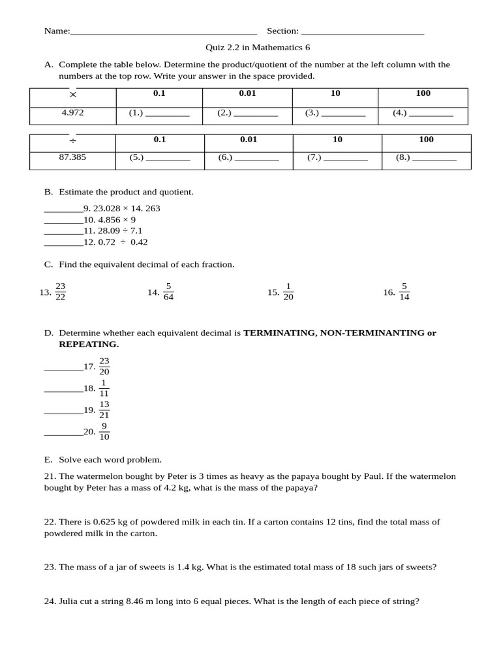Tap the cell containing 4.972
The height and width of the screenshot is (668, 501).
pyautogui.click(x=72, y=114)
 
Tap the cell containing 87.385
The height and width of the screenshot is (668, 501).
pyautogui.click(x=72, y=158)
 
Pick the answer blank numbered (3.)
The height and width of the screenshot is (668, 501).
pyautogui.click(x=344, y=114)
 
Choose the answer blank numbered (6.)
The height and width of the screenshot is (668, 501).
pyautogui.click(x=256, y=158)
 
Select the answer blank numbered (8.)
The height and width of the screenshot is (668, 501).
pyautogui.click(x=434, y=158)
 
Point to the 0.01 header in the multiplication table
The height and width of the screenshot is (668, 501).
pyautogui.click(x=247, y=93)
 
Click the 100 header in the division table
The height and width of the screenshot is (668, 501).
pyautogui.click(x=426, y=140)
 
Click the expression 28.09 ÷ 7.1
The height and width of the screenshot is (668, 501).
pyautogui.click(x=118, y=231)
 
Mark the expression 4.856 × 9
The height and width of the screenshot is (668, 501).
pyautogui.click(x=117, y=220)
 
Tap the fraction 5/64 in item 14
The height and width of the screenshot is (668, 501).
pyautogui.click(x=168, y=292)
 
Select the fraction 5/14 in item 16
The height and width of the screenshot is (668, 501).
pyautogui.click(x=404, y=292)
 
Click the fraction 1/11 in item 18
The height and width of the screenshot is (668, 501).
pyautogui.click(x=104, y=388)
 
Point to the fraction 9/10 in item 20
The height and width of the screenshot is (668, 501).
pyautogui.click(x=104, y=432)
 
